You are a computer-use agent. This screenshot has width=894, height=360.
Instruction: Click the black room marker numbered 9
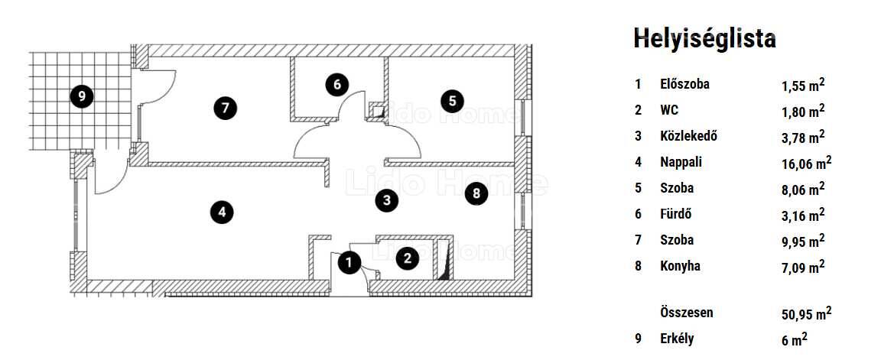tap(82, 96)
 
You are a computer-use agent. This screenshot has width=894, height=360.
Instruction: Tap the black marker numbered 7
tap(225, 108)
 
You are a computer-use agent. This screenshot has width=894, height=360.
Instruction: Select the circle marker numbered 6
tap(337, 85)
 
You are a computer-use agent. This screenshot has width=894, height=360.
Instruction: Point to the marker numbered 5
tap(452, 102)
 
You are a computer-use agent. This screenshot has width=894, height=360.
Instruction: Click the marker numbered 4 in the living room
tap(222, 212)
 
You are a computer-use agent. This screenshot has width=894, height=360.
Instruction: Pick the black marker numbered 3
tap(386, 200)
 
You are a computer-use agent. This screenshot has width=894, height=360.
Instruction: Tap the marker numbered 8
tap(476, 194)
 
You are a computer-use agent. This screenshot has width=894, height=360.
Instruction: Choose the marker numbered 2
tap(407, 258)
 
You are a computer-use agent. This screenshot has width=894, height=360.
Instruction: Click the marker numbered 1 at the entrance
tap(349, 263)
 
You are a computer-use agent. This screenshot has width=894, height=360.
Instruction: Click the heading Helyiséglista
tap(704, 39)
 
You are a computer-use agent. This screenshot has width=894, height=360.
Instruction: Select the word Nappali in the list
tap(681, 162)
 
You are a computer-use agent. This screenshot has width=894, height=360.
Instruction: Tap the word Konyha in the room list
tap(680, 266)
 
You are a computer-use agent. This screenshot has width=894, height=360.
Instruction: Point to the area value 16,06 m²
tap(806, 164)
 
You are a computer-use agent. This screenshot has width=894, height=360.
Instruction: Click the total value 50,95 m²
tap(806, 313)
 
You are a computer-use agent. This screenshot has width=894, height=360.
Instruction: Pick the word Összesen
tap(687, 313)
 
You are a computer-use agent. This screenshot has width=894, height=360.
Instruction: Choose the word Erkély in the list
tap(677, 339)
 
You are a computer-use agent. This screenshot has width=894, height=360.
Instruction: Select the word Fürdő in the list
tap(675, 214)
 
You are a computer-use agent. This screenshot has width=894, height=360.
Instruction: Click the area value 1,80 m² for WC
tap(803, 111)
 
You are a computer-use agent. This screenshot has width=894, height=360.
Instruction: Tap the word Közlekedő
tap(688, 136)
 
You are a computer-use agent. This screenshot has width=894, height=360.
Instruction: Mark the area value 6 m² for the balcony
tap(795, 339)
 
